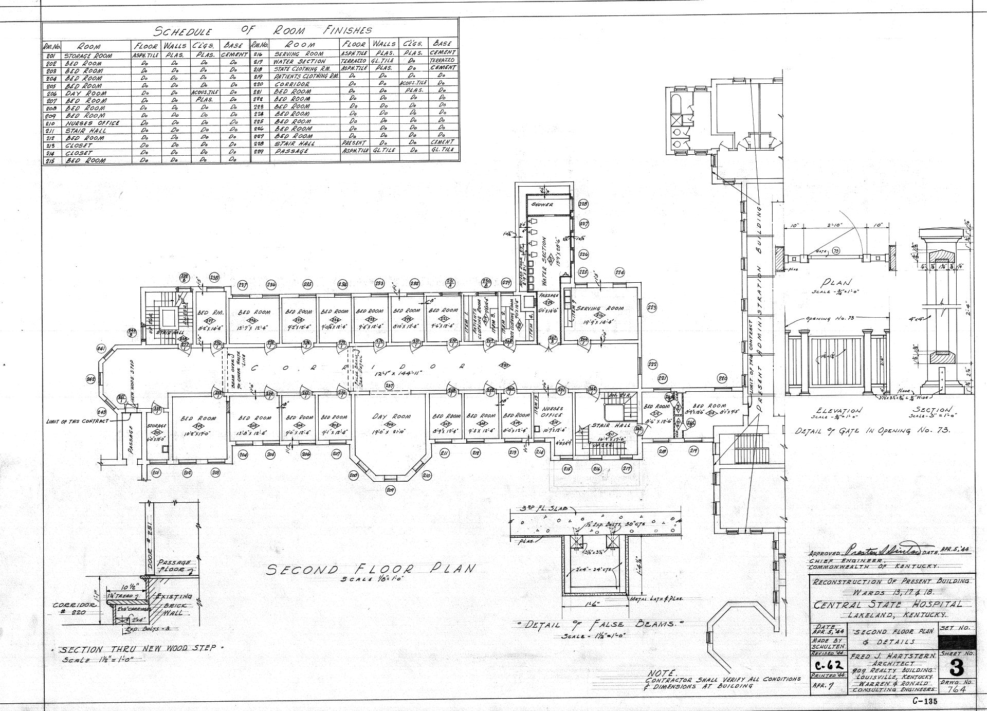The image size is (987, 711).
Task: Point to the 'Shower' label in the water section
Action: coord(542,205)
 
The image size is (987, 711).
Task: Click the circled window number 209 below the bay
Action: coord(390,489)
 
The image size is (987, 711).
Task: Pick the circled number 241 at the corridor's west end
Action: coord(101,350)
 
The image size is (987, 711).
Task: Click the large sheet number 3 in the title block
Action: coord(956,669)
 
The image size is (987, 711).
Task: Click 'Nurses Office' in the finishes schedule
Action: coord(92,123)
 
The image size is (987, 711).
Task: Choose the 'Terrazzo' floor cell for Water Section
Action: coord(354,61)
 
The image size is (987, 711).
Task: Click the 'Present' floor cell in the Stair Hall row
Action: coord(354,142)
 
